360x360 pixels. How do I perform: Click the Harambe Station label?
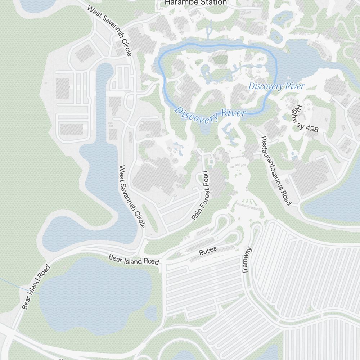[195, 3]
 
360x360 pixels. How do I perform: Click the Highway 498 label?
[306, 118]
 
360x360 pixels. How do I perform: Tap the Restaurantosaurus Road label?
[275, 171]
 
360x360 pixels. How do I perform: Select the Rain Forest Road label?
[200, 195]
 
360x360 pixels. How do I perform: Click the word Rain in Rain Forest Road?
[195, 213]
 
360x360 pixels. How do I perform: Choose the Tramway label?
[247, 260]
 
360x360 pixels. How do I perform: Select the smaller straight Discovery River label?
[276, 86]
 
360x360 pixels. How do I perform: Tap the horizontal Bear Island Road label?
[134, 260]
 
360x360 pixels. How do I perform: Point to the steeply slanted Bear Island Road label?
[35, 287]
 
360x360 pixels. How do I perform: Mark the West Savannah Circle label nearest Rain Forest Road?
[132, 197]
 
